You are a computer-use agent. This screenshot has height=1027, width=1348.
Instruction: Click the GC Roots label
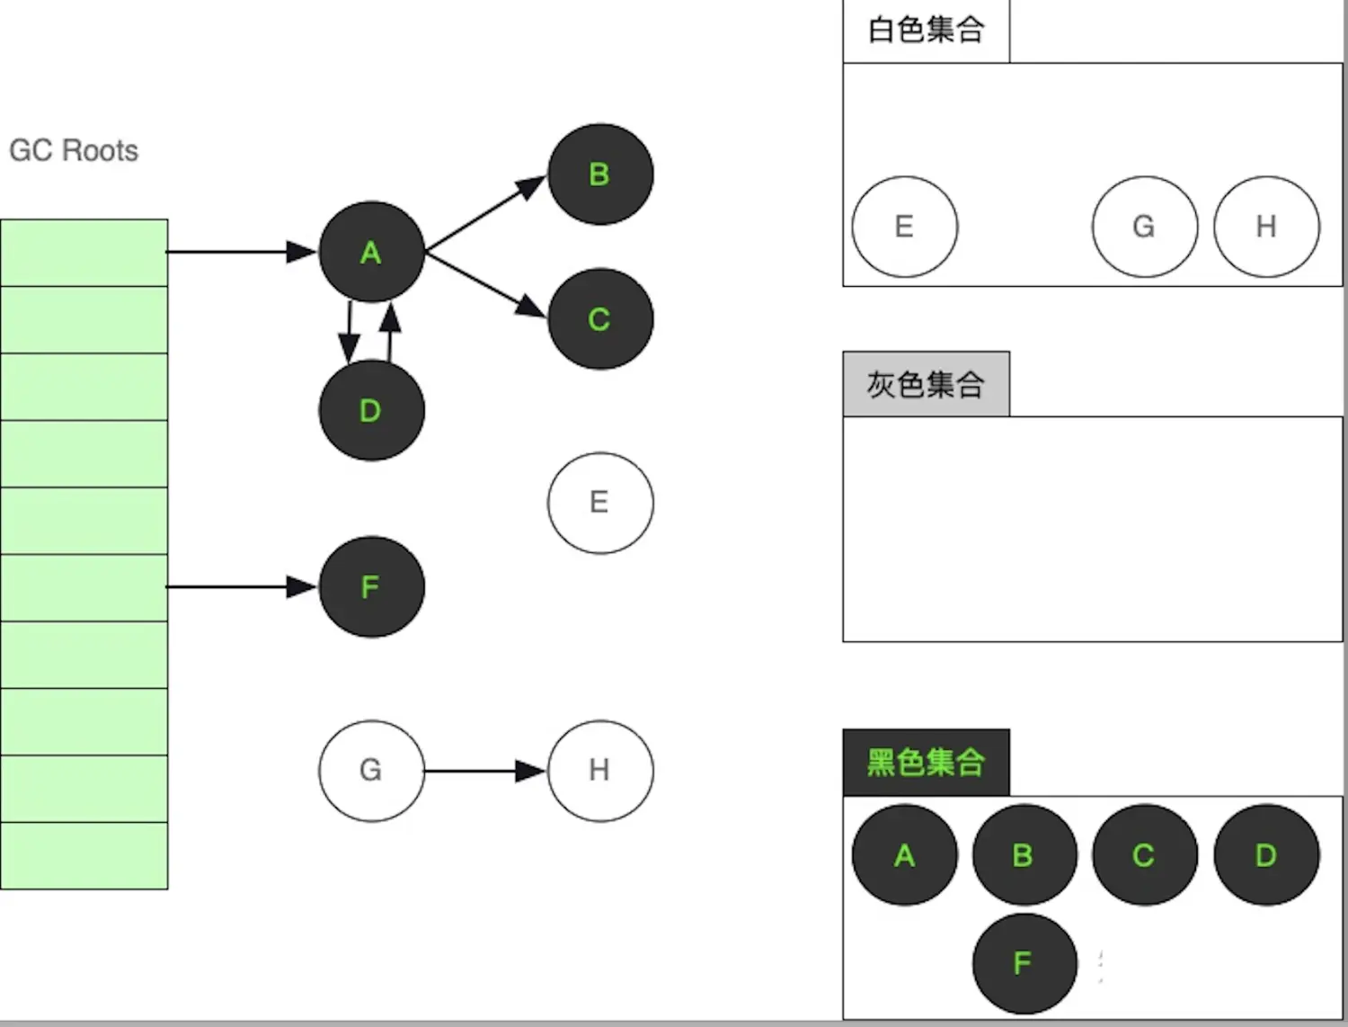74,150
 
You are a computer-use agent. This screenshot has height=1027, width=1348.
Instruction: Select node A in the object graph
371,252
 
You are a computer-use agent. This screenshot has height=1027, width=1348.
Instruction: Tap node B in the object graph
600,174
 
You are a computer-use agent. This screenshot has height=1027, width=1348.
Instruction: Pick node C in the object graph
600,318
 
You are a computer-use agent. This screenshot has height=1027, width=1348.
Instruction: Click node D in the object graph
371,410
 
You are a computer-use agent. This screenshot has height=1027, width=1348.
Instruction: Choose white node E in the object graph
600,502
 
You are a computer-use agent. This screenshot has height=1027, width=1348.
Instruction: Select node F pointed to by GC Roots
371,586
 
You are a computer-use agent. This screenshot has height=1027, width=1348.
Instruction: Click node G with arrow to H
371,770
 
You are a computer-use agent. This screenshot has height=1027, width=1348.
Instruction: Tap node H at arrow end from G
600,770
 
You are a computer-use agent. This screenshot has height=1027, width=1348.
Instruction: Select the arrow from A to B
485,214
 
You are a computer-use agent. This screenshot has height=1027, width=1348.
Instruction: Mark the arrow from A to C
485,285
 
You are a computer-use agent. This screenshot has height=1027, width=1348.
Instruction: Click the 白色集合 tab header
926,31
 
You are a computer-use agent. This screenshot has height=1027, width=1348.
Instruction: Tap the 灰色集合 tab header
926,384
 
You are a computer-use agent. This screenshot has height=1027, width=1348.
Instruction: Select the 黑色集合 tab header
926,763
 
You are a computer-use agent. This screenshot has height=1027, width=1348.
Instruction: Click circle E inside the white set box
904,227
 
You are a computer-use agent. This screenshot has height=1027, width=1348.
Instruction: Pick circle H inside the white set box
1266,227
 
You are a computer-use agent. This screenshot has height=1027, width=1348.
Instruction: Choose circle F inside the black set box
1024,963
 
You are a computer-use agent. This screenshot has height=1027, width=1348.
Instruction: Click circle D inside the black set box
1266,854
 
